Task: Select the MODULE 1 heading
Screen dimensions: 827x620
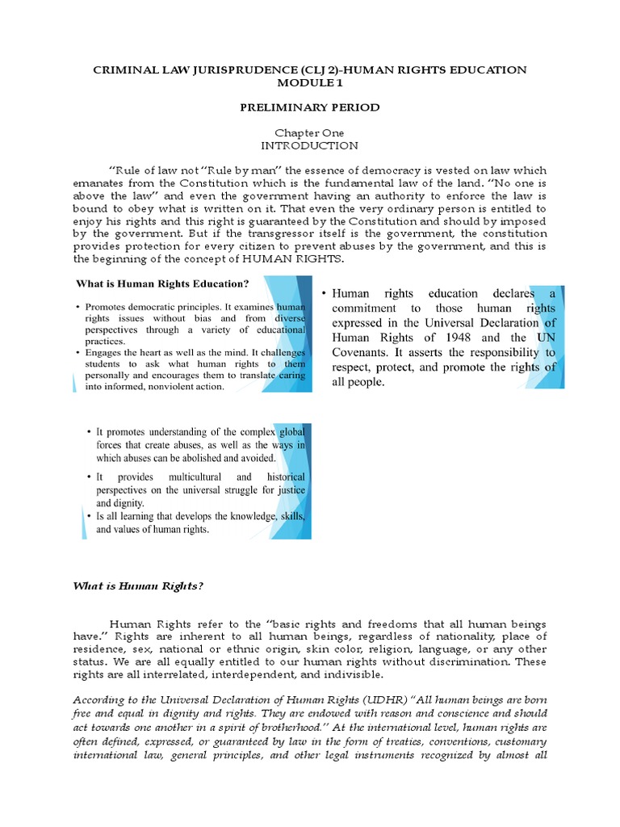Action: [x=310, y=83]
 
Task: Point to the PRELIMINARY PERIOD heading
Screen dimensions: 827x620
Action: [x=310, y=107]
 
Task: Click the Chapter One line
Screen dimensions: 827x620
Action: [x=310, y=132]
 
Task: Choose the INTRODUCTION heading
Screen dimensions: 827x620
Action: [x=310, y=145]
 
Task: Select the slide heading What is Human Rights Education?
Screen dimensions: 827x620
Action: [x=161, y=283]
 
